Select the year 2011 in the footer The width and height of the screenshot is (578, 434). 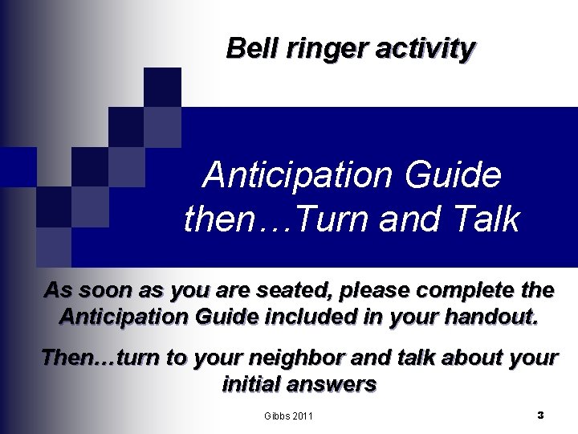[303, 416]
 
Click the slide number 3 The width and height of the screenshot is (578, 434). [540, 415]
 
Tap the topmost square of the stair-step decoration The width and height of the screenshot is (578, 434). [163, 87]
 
